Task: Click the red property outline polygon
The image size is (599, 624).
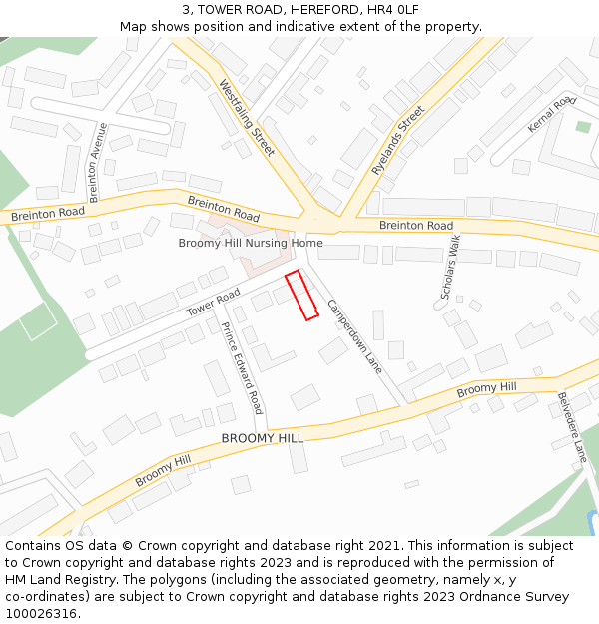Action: [x=301, y=296]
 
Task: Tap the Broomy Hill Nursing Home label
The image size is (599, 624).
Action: [x=251, y=243]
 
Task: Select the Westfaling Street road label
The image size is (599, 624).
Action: [x=246, y=118]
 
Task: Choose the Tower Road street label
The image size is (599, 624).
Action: [x=214, y=304]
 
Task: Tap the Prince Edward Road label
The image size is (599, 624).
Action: [x=242, y=368]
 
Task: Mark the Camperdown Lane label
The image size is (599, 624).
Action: [x=354, y=336]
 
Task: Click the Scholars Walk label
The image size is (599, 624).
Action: [x=450, y=268]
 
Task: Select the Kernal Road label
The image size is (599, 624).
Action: [x=552, y=115]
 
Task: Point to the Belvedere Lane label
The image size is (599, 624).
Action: [x=571, y=427]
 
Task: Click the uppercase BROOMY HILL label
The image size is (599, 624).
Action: [x=262, y=438]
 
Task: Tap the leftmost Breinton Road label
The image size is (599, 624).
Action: [x=47, y=214]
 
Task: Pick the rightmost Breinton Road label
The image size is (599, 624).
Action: [x=416, y=226]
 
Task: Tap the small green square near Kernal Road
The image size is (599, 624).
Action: [x=583, y=127]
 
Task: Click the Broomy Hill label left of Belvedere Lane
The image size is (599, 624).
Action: [x=487, y=388]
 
